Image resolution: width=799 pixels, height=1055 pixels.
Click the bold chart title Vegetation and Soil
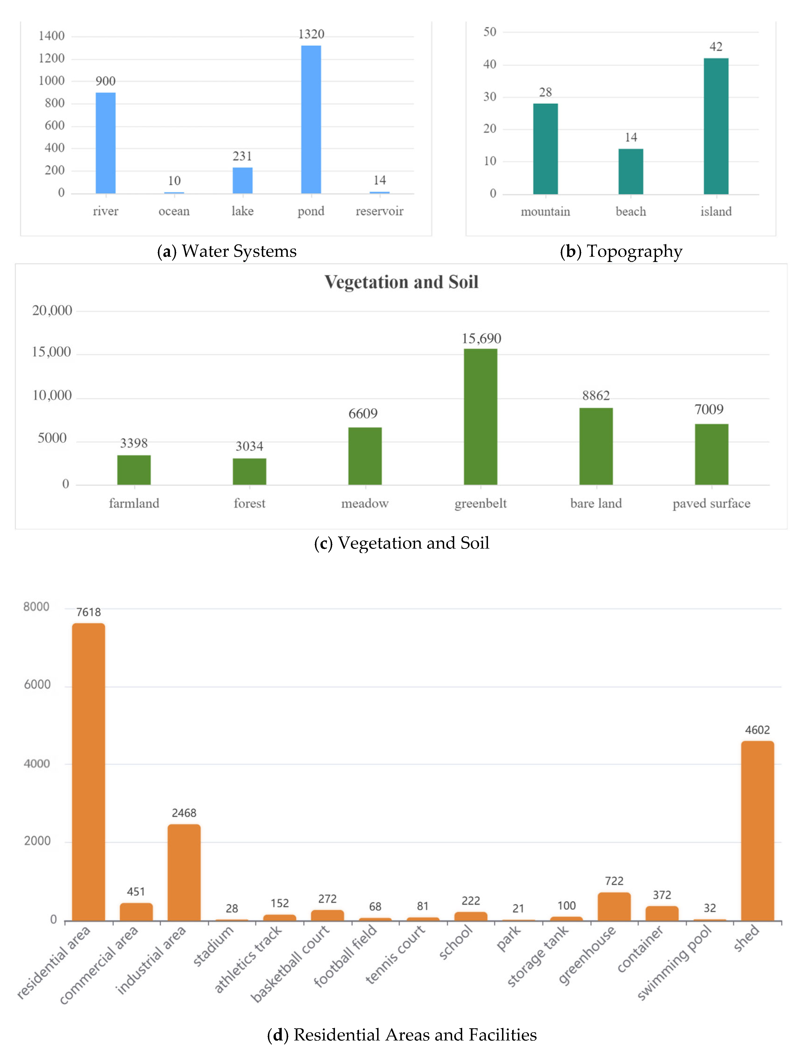pos(401,282)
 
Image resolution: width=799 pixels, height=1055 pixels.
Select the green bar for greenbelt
pos(480,417)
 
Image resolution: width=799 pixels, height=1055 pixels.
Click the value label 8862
pos(596,395)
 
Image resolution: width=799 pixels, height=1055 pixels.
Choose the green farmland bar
pos(134,470)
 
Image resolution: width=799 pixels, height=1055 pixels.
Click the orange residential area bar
pos(89,772)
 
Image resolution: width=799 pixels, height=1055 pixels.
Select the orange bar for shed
pos(758,831)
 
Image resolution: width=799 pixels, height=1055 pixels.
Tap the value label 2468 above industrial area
pos(184,813)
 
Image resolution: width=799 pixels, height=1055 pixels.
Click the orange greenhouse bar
pos(614,906)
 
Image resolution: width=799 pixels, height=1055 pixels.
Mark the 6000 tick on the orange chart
pos(37,685)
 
